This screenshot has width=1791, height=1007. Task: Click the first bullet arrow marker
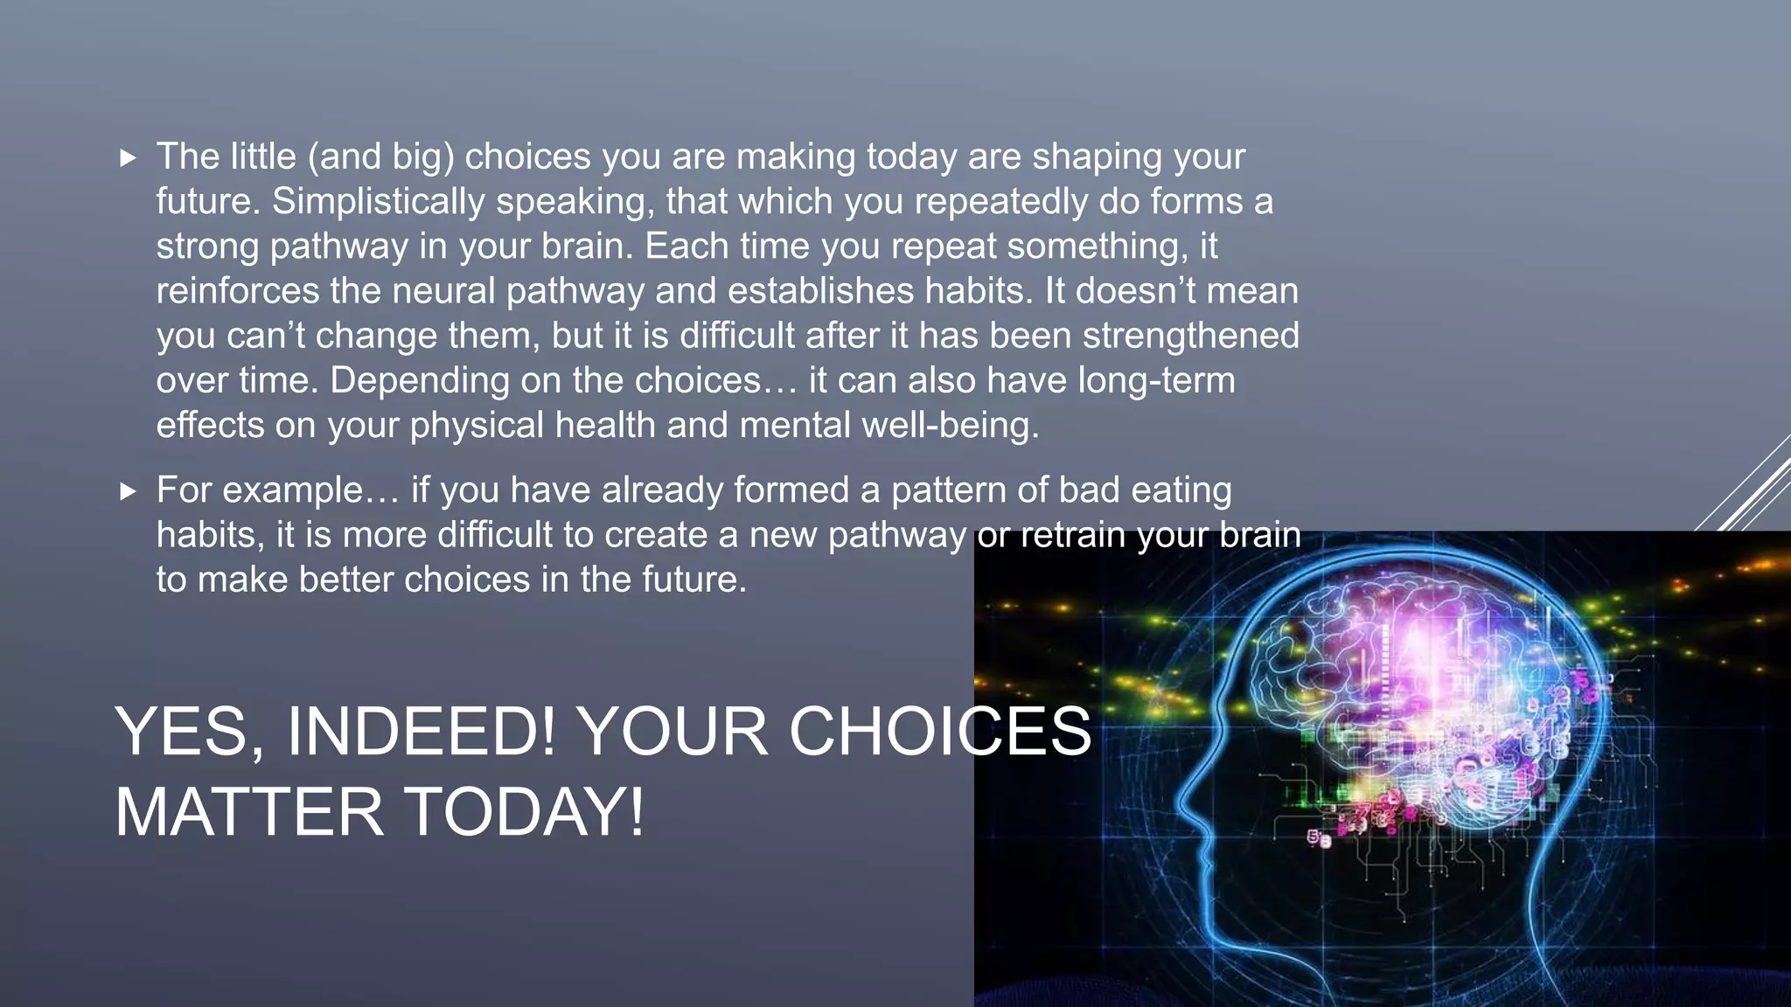pos(129,158)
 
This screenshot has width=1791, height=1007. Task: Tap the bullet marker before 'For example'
pos(129,491)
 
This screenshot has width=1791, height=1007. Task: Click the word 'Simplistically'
pos(378,202)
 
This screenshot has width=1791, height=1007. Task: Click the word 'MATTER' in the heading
pos(249,811)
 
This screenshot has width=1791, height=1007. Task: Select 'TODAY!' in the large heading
pos(526,811)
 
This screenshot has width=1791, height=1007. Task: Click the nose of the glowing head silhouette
pos(1182,800)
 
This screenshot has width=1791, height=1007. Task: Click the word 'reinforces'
pos(238,291)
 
